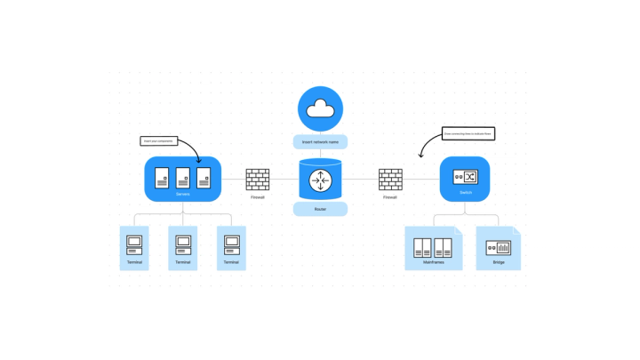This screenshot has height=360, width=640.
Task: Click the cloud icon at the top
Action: tap(319, 109)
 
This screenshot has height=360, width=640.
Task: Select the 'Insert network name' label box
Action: tap(320, 141)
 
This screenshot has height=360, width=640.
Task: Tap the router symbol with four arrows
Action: tap(320, 181)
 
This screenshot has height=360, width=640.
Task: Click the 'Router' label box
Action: tap(320, 210)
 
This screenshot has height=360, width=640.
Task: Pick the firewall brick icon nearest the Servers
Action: tap(258, 179)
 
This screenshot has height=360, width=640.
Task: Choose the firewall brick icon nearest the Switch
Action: tap(390, 179)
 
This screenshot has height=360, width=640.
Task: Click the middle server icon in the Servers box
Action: tap(183, 176)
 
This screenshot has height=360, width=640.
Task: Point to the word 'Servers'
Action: tap(182, 193)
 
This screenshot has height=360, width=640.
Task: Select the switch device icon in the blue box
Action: tap(465, 176)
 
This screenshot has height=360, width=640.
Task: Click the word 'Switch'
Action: tap(465, 193)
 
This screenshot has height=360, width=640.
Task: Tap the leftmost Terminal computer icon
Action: tap(134, 243)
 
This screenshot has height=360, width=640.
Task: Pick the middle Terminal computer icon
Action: tap(182, 243)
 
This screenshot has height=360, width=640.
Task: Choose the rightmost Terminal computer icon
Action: tap(231, 243)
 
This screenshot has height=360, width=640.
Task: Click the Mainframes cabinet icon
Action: tap(434, 247)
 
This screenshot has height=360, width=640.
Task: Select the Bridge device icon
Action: tap(499, 247)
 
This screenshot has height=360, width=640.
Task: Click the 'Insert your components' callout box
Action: tap(159, 140)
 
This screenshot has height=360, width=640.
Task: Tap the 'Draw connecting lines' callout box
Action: tap(468, 133)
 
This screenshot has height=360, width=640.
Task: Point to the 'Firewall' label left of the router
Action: tap(258, 197)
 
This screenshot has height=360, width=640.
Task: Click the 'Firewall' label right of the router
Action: tap(390, 197)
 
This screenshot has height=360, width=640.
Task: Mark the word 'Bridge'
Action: tap(499, 262)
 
